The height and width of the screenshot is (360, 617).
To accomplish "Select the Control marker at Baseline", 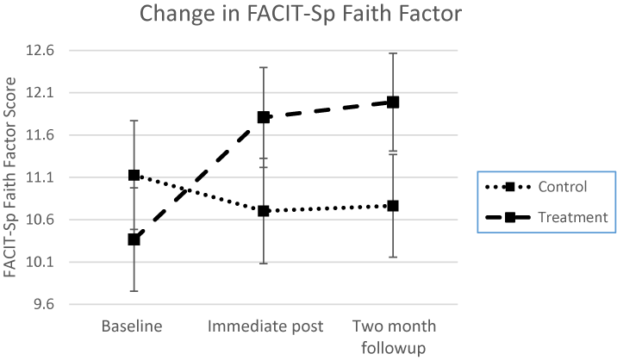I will coord(134,175).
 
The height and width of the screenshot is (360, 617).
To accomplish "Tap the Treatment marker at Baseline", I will coord(134,239).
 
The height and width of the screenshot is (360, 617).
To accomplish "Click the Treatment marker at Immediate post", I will coord(264,117).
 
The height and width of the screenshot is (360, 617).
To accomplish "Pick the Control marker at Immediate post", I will coord(264,210).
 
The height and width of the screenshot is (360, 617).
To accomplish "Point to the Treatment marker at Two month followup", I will coord(393,102).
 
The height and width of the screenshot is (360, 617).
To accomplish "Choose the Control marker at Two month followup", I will coord(393,206).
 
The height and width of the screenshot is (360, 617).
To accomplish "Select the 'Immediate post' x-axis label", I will coord(264,326).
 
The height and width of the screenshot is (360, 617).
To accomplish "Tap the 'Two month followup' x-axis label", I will coord(393,335).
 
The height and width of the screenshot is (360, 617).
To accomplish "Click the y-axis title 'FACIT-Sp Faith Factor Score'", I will coord(12,177).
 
